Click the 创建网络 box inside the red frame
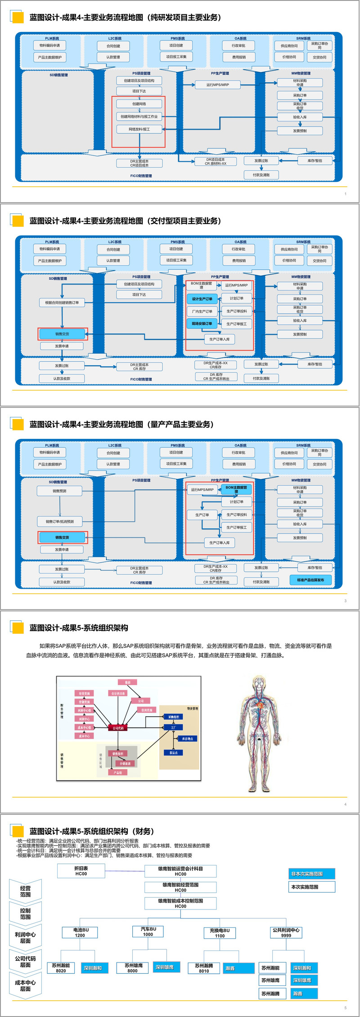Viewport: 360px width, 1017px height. coord(139,104)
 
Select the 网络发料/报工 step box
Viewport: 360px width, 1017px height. coord(139,129)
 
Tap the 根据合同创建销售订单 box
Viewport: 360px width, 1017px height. coord(62,303)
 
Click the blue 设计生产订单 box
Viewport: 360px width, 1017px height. coord(202,299)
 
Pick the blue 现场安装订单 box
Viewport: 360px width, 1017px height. coord(202,324)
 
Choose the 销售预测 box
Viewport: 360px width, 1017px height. coord(59,491)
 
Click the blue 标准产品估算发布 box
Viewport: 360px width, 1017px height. coord(310,580)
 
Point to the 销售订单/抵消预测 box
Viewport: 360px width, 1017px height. coord(59,522)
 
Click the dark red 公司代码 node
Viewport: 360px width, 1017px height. coord(118,728)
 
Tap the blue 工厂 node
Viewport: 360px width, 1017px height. coord(173,727)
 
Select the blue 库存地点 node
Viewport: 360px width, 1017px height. coord(187,739)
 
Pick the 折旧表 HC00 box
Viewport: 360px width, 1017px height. coord(81,871)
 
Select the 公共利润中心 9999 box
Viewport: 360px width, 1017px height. coord(286,932)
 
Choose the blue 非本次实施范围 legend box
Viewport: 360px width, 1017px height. coord(311,874)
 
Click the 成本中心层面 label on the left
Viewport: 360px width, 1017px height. coord(25,985)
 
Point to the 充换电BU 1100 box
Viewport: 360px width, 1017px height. coord(220,933)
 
